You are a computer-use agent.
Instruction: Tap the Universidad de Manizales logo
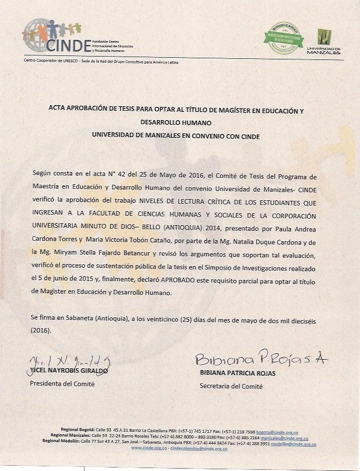327,41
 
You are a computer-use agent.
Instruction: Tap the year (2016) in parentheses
41,331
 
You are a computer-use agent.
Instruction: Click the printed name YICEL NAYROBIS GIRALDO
68,372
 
